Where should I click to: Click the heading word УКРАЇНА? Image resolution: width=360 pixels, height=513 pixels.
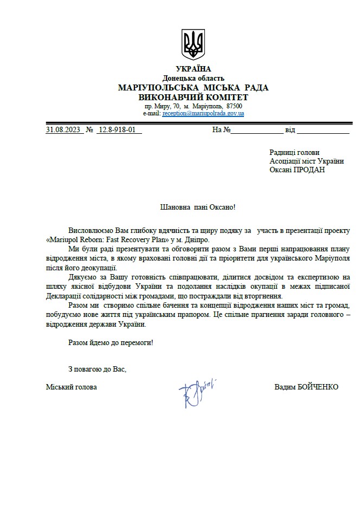coord(194,69)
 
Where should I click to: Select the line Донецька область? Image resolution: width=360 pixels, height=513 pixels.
coord(194,78)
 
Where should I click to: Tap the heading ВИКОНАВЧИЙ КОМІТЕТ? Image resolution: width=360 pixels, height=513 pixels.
coord(194,97)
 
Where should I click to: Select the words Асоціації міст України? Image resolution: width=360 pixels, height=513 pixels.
coord(306,161)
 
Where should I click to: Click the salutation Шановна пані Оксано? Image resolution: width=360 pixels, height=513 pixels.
coord(198,207)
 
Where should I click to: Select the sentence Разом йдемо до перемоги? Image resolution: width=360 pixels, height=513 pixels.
coord(111,342)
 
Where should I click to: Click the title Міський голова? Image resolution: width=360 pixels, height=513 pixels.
coord(72,387)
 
